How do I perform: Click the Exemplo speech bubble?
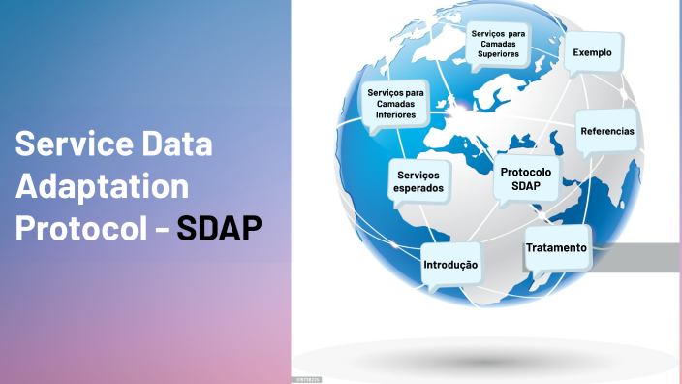tap(593, 52)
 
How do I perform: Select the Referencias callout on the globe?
tap(607, 130)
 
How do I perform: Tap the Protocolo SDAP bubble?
tap(525, 177)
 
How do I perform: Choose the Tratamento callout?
tap(556, 248)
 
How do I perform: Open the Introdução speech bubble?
tap(451, 264)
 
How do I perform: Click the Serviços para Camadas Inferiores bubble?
tap(395, 103)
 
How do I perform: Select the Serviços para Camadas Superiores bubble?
tap(499, 44)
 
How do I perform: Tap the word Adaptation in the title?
tap(102, 187)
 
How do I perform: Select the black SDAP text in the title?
tap(220, 229)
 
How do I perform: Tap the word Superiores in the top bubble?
tap(499, 54)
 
